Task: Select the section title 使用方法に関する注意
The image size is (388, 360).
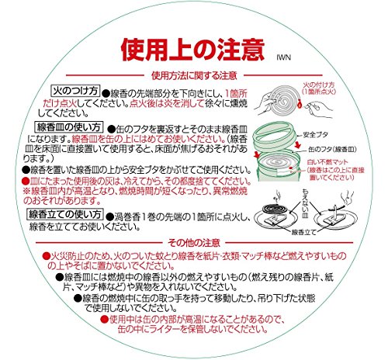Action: tap(194, 75)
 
